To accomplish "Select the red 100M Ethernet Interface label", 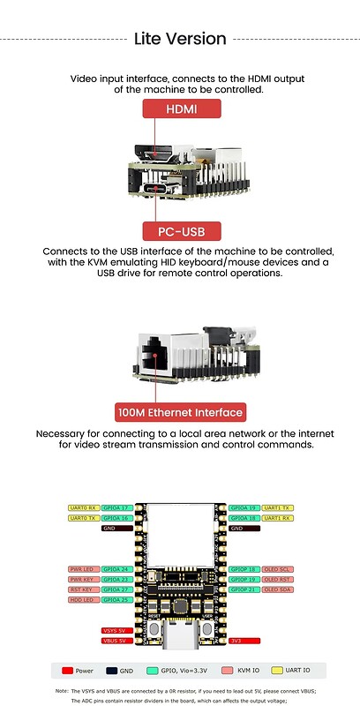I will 180,412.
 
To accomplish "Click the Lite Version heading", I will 180,39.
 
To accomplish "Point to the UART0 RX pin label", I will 83,508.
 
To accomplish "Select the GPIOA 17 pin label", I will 116,508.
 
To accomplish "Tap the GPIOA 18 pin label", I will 243,518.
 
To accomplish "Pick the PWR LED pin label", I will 83,569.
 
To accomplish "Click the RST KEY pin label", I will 83,589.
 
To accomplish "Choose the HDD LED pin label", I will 83,600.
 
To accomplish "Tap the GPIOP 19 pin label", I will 243,580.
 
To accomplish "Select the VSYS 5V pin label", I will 116,630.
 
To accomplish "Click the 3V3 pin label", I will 244,641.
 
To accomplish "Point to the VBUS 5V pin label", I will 116,641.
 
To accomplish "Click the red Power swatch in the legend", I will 69,672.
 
